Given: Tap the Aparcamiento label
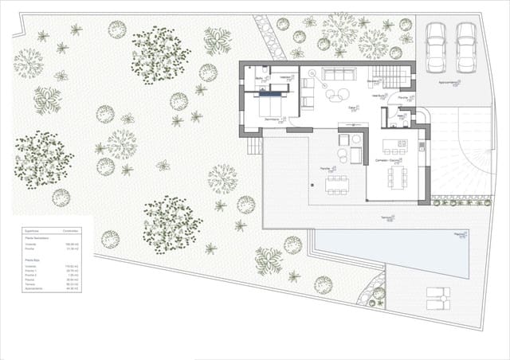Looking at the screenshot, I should pos(449,82).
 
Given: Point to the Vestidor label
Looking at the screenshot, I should pos(285,77).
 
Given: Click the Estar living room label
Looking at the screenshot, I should pos(353,108).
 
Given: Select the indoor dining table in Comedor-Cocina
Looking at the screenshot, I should pos(395,176).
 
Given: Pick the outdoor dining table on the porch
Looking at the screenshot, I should pos(336,185).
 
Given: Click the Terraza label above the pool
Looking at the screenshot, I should pos(387,217).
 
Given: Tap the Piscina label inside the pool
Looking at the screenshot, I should pos(459,234).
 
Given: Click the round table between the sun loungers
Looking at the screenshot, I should pos(437,297).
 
